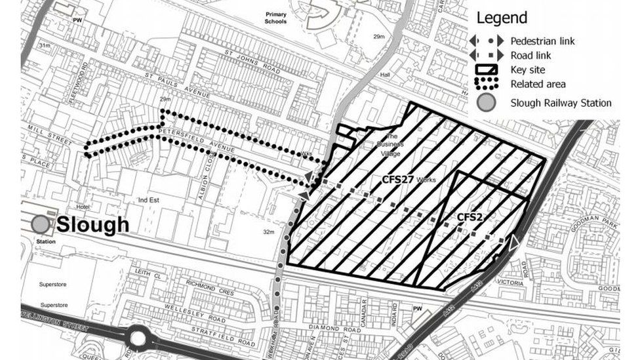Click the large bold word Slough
point(92,224)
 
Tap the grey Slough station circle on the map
point(41,224)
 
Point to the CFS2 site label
point(470,216)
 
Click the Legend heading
point(502,18)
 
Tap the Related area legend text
point(538,84)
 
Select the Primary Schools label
point(275,18)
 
